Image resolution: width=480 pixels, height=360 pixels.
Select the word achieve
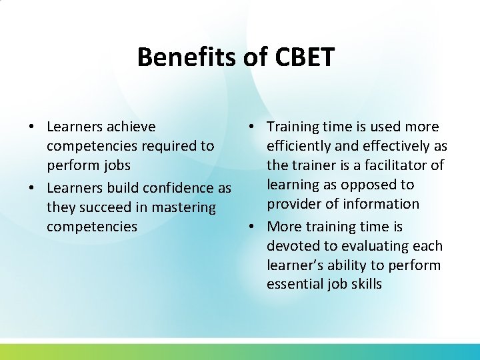[x=131, y=127]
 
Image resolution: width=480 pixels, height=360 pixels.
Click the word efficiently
[x=299, y=146]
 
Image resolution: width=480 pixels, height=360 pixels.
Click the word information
[x=381, y=204]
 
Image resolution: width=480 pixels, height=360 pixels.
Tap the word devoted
[x=291, y=247]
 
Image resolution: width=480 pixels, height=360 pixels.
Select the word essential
[x=294, y=285]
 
